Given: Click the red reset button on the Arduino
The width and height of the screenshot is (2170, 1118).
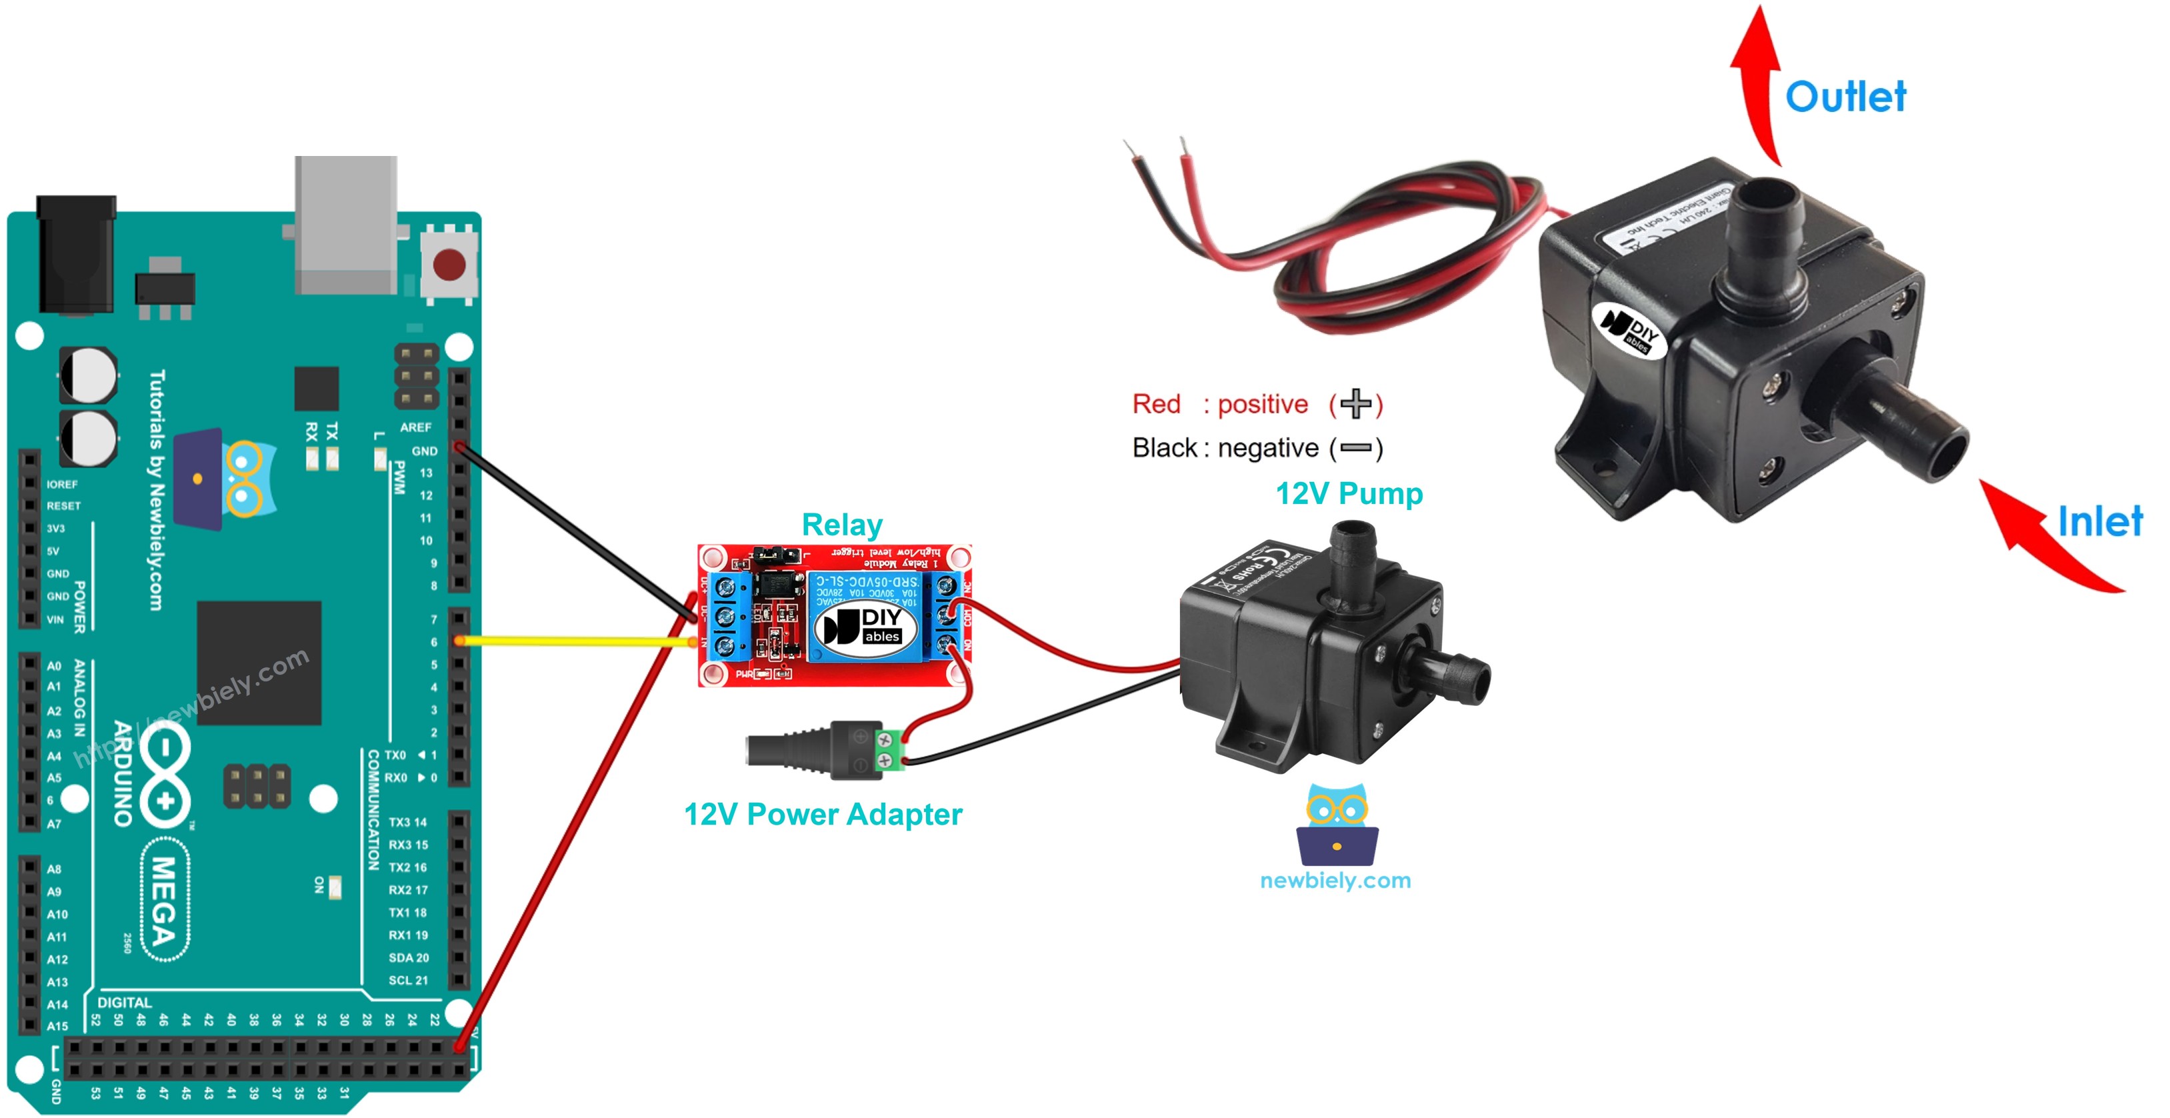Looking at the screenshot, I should [448, 264].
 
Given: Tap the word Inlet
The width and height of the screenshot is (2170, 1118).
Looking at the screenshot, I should [2099, 521].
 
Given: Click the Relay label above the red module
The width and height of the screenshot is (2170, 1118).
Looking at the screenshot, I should [841, 525].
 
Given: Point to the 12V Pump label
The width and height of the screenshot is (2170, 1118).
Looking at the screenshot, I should [1348, 494].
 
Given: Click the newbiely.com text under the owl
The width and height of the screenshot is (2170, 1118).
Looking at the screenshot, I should [1335, 881].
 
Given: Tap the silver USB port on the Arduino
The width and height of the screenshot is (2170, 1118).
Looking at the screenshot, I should [345, 223].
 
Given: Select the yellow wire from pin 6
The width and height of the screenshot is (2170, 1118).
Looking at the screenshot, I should [573, 641].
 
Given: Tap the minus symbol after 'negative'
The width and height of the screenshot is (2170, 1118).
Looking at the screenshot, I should [1355, 448].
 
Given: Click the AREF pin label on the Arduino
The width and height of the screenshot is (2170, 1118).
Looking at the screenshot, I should [415, 427].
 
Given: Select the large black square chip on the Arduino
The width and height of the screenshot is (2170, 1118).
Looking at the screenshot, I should [259, 663].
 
